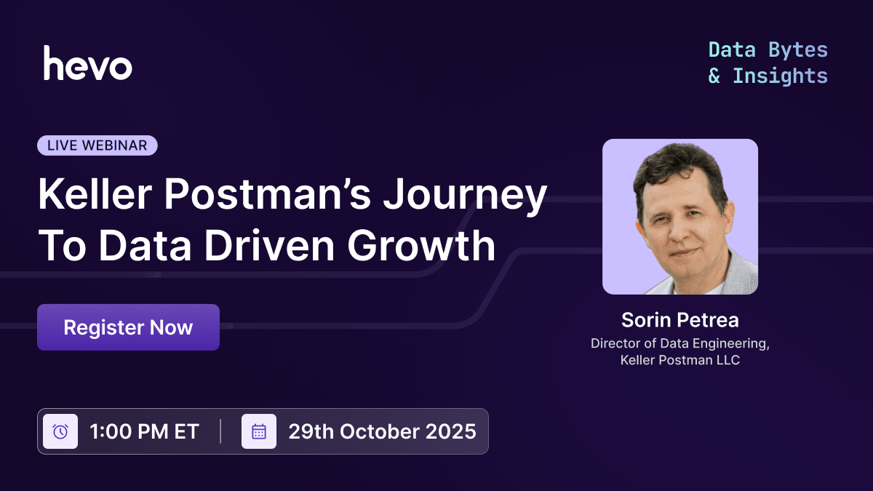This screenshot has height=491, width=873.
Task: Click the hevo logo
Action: [87, 63]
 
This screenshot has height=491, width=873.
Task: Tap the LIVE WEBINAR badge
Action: [97, 145]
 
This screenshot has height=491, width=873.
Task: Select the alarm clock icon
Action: [60, 431]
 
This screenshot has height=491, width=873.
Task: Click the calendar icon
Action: [259, 431]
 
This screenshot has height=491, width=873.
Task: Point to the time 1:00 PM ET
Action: [144, 431]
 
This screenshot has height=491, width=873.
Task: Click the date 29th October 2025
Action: [382, 431]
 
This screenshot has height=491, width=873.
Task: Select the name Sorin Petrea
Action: [679, 320]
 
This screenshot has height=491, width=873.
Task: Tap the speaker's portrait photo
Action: [680, 217]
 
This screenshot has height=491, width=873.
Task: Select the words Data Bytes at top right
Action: [768, 50]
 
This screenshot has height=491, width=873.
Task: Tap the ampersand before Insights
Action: [714, 76]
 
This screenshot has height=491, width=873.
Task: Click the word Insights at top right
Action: [780, 76]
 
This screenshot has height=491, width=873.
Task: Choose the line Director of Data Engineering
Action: [679, 343]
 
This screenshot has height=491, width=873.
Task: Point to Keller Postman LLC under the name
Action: [679, 359]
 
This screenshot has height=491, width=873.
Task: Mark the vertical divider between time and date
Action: [220, 431]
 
